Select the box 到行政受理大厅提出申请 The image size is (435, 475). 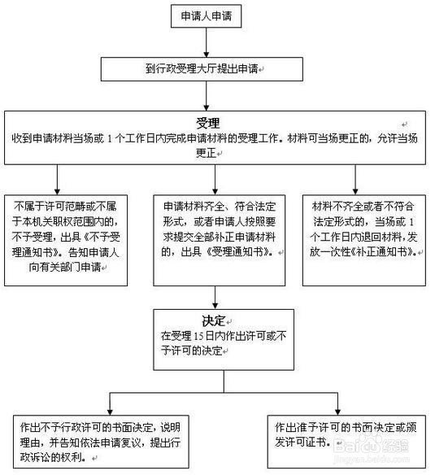coord(211,70)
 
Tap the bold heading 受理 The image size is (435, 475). coord(208,123)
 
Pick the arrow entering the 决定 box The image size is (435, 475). coord(215,297)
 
